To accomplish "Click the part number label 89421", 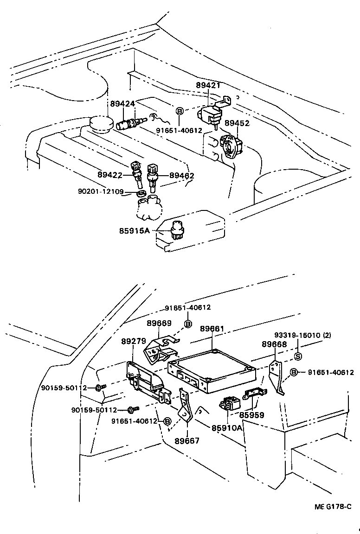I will tap(208, 86).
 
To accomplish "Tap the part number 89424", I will tap(122, 103).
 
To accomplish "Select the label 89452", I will tap(237, 123).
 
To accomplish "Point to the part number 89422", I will tap(110, 175).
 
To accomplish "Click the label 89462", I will tap(181, 176).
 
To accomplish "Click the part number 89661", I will tap(212, 329).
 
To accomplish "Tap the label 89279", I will tap(134, 341).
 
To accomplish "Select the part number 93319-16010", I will tap(296, 335).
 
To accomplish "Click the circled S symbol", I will tap(298, 356).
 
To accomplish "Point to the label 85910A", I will tap(227, 428).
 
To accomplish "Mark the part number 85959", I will tap(251, 415).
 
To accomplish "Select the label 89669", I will tap(159, 323).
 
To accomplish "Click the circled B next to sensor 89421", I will tap(180, 110).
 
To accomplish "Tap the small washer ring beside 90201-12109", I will tap(142, 191).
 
